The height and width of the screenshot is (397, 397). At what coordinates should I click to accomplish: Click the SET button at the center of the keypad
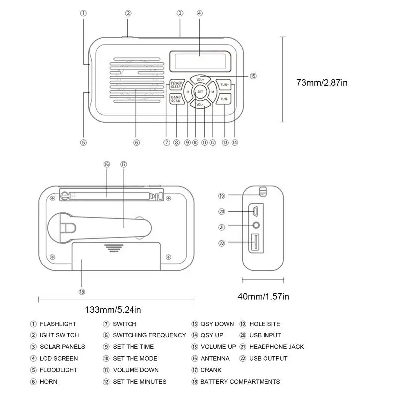click(x=200, y=92)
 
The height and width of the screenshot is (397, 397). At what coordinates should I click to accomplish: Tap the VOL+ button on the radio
click(x=200, y=79)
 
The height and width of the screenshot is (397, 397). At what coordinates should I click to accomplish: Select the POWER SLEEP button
click(x=177, y=84)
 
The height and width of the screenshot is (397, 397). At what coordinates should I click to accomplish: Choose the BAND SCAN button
click(x=176, y=99)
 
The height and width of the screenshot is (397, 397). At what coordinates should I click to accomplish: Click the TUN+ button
click(x=225, y=85)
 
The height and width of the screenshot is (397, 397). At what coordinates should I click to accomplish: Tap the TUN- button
click(x=225, y=99)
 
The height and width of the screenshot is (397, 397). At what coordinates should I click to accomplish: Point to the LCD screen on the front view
click(x=200, y=61)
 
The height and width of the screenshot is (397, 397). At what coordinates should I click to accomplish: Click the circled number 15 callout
click(x=253, y=76)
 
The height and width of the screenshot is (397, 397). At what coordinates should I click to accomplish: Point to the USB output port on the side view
click(x=255, y=243)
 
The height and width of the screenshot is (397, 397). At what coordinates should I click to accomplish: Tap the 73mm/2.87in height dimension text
click(x=322, y=83)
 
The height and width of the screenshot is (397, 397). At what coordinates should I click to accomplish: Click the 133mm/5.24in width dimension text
click(x=113, y=310)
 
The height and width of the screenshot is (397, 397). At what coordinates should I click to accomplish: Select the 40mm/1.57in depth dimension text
click(x=263, y=297)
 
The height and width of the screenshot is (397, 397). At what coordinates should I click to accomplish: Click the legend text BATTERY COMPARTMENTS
click(x=240, y=382)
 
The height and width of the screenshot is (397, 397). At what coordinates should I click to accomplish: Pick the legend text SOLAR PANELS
click(x=62, y=347)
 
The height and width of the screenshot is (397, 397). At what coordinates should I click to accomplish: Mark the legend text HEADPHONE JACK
click(x=276, y=347)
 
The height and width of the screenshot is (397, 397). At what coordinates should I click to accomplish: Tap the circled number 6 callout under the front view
click(x=137, y=142)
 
